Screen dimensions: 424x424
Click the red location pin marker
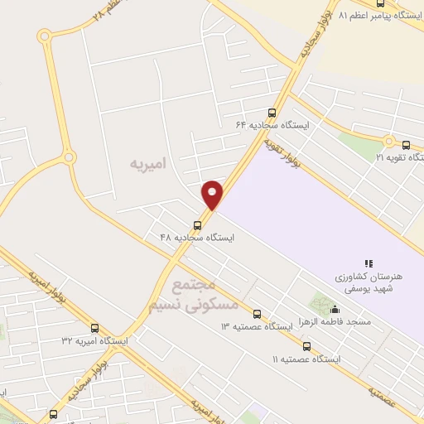213,195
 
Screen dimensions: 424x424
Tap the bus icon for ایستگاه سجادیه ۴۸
197,224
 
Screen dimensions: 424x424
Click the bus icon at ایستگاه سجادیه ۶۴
272,113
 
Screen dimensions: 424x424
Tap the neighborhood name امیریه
148,164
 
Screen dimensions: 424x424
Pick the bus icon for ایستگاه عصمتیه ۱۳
257,315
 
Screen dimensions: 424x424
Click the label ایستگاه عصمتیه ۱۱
311,359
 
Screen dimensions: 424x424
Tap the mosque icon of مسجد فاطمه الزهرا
334,310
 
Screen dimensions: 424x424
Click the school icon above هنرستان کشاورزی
369,263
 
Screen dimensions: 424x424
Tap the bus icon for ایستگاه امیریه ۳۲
94,328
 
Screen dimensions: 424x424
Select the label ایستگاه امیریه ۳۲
94,340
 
